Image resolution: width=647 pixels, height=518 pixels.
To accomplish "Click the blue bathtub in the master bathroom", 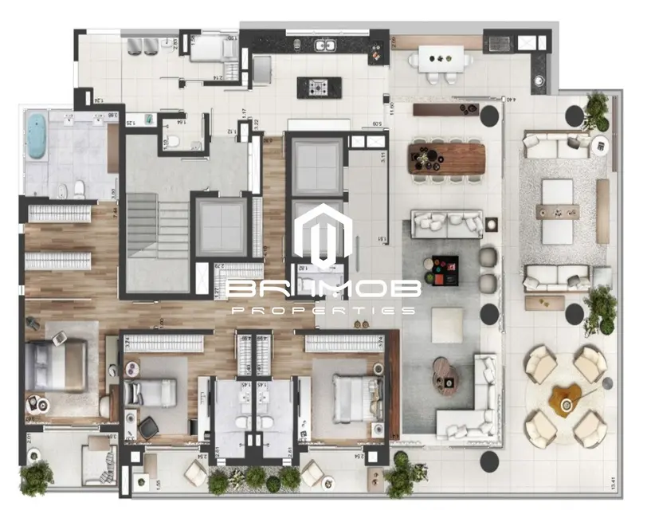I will (x=37, y=135).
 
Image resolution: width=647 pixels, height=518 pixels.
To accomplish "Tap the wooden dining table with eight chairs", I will (x=447, y=157).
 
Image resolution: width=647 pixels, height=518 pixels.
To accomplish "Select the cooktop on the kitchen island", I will (x=319, y=87).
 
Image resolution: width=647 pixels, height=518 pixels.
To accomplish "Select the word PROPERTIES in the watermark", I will (x=322, y=309).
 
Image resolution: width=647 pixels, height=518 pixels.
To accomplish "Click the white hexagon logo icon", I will (x=323, y=235).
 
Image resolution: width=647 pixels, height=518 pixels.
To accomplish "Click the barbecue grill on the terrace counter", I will (x=499, y=41).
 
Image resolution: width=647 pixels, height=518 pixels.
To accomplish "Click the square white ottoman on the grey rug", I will (x=446, y=324).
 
